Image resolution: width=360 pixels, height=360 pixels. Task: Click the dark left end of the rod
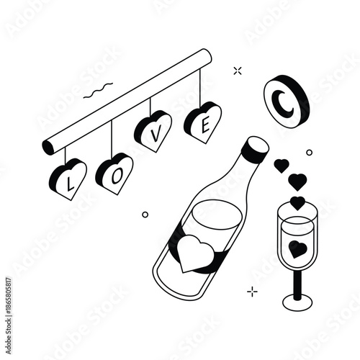48,148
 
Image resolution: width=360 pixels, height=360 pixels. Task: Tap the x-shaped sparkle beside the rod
238,70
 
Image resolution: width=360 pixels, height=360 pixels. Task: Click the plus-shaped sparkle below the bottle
252,291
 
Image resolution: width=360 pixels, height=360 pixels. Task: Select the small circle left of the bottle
145,214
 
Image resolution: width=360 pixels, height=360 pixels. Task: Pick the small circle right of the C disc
309,152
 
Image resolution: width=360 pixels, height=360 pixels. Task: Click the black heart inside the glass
297,248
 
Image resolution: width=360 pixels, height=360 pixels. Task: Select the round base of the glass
297,301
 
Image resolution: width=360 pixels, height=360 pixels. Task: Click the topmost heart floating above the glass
281,166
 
